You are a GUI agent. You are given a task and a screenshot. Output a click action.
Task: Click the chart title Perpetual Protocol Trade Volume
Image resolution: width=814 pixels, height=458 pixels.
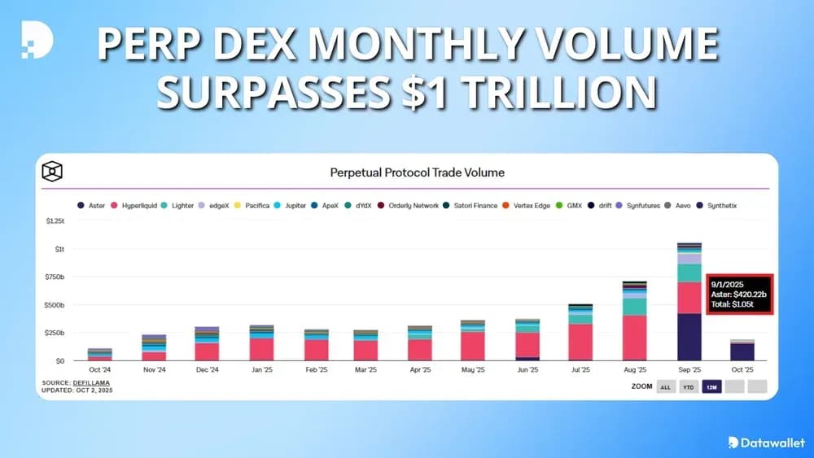(x=417, y=172)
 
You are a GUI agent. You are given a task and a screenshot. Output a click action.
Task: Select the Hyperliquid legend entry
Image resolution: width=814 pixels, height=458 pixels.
(x=138, y=206)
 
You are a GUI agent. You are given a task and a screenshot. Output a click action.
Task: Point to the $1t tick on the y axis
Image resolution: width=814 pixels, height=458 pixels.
(x=59, y=249)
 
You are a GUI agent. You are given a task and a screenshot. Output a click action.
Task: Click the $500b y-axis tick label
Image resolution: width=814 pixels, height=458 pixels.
(x=54, y=305)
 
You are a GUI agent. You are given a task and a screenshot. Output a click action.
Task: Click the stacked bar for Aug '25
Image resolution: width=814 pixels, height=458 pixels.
(x=635, y=325)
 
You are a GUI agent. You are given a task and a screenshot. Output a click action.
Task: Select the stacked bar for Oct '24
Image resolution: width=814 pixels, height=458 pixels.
(x=99, y=355)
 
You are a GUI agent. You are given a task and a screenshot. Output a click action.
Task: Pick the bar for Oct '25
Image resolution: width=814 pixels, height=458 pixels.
(x=742, y=351)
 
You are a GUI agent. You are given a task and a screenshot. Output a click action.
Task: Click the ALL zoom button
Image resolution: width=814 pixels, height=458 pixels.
(x=665, y=386)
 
